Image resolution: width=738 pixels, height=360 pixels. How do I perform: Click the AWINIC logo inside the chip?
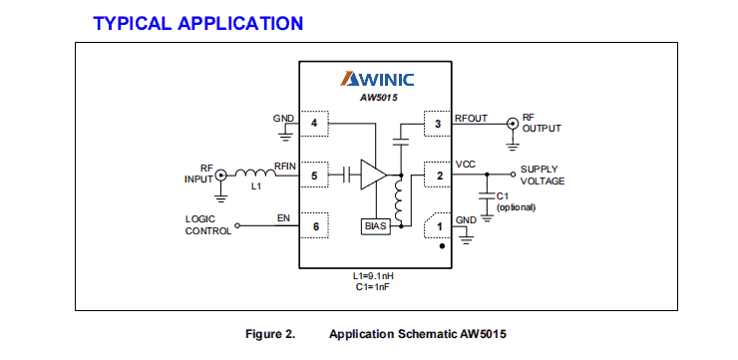click(377, 79)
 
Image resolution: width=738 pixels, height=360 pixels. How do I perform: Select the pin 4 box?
click(314, 124)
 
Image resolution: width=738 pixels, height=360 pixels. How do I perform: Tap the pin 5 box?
click(314, 176)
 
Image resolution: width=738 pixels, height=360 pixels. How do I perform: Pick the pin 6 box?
click(314, 226)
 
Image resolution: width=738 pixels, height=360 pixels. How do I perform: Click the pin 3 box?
click(438, 124)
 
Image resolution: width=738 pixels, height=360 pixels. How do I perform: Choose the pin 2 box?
click(438, 176)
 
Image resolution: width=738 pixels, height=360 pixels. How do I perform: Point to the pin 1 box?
click(438, 226)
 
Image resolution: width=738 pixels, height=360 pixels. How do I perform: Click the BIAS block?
click(376, 226)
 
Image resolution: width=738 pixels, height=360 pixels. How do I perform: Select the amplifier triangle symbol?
click(374, 175)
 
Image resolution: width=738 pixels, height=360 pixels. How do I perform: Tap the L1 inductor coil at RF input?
click(255, 174)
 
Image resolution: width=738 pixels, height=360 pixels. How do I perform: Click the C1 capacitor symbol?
click(487, 196)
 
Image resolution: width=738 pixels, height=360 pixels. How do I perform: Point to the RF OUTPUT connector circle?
click(512, 124)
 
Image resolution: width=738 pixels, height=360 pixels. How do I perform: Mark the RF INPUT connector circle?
click(220, 176)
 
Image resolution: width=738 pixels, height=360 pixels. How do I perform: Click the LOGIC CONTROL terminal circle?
click(237, 226)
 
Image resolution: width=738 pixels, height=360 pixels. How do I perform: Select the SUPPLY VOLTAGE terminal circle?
click(513, 175)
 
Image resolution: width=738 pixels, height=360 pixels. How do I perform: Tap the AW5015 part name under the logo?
click(377, 99)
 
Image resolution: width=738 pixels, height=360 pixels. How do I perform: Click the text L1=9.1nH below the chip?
click(373, 276)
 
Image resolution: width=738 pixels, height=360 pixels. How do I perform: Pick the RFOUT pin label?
click(471, 119)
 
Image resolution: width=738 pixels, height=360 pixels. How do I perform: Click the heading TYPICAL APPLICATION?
click(198, 23)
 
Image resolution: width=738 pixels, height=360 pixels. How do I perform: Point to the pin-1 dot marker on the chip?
click(442, 245)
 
